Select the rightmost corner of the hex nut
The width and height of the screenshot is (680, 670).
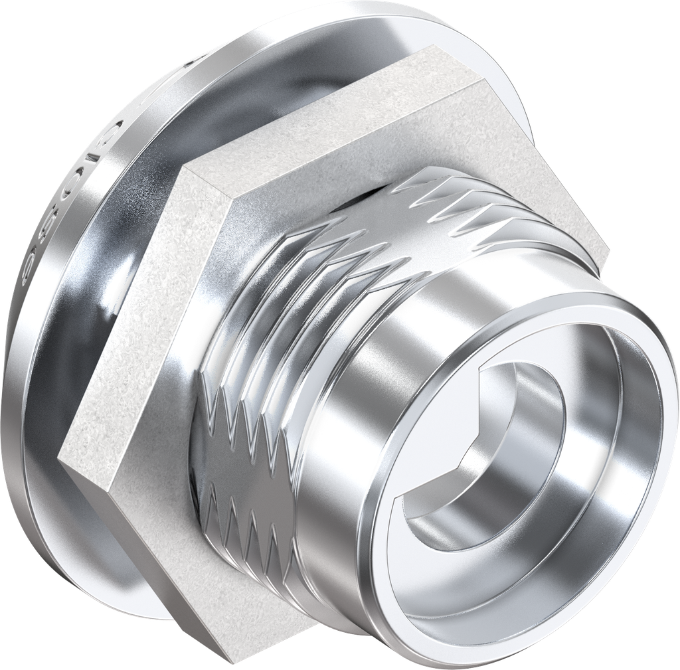pyautogui.click(x=610, y=251)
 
